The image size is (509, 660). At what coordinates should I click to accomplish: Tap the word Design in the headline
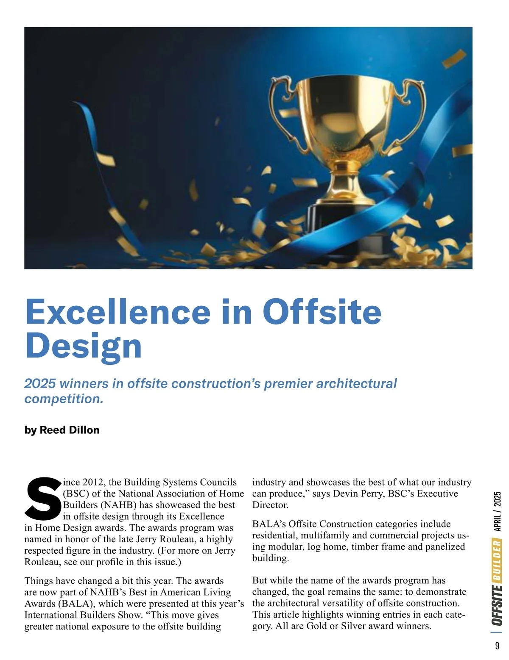pos(83,346)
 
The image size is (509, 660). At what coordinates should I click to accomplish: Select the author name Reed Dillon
pos(70,430)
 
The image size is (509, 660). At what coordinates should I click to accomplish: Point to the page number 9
pos(497,646)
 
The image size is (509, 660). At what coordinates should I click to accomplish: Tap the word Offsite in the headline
pos(322,311)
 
